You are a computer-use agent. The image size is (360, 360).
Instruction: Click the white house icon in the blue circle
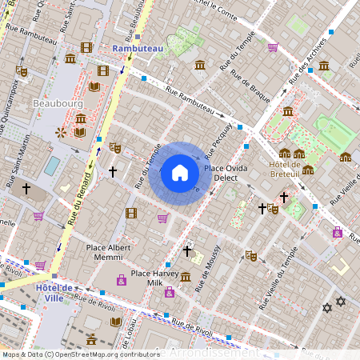tap(180, 173)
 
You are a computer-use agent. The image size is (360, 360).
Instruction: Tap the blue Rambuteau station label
tap(138, 49)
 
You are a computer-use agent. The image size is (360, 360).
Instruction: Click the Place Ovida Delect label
tap(225, 174)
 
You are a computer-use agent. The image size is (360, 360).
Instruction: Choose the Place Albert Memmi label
tap(108, 253)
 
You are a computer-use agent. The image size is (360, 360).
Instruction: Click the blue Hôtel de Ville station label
tap(56, 293)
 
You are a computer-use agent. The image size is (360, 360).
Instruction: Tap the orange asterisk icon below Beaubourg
tap(60, 132)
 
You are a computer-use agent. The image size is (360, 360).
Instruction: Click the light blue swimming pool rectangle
tap(52, 166)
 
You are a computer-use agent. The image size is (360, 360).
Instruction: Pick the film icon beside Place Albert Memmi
tap(131, 213)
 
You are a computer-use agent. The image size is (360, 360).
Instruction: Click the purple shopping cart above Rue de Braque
tap(273, 47)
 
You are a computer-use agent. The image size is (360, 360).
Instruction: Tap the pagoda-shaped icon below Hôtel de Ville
tap(92, 340)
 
